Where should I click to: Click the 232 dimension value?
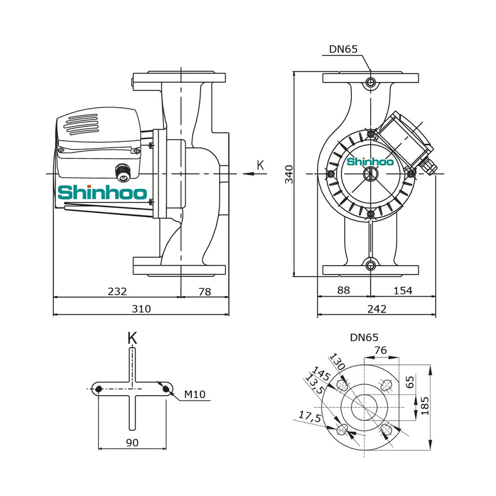[117, 291]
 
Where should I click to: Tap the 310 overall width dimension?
[141, 309]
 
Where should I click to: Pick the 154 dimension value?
[403, 291]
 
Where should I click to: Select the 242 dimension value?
[377, 309]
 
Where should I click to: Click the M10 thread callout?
[195, 394]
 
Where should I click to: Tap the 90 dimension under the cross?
[132, 443]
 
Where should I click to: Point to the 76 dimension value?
[380, 350]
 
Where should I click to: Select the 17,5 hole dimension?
[309, 417]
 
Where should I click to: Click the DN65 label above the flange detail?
[364, 338]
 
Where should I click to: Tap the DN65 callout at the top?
[343, 49]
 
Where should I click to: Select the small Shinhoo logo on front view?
[370, 162]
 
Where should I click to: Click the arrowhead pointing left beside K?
[248, 174]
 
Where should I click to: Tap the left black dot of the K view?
[98, 389]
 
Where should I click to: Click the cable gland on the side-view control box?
[123, 172]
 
